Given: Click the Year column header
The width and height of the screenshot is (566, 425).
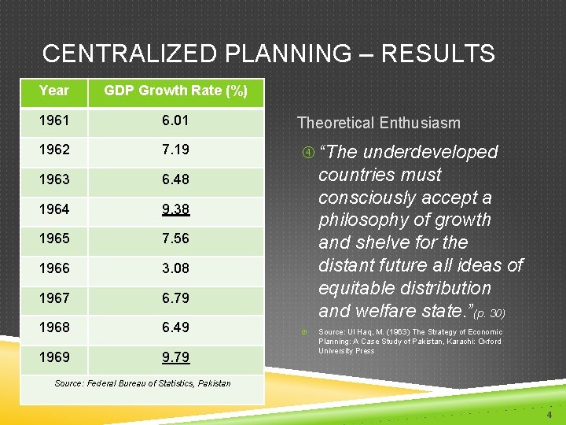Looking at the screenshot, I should (x=54, y=91).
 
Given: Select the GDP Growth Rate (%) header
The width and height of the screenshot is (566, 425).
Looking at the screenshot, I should (x=175, y=91).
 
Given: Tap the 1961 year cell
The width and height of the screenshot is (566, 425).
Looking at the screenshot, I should (x=54, y=120).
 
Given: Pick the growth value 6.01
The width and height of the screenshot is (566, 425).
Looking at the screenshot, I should (x=175, y=120).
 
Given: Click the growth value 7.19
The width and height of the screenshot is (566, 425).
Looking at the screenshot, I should (x=175, y=150).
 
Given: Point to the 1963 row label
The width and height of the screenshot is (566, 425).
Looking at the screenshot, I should (x=54, y=179).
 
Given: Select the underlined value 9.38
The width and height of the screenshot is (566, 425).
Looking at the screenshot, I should (x=175, y=209).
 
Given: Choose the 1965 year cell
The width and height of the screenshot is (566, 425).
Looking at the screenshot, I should (x=54, y=238).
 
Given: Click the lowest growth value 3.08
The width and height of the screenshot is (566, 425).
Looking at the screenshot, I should (x=175, y=268).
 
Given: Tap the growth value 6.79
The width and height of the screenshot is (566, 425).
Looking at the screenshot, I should (x=175, y=298).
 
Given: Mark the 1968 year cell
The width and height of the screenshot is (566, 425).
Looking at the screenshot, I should (x=54, y=327).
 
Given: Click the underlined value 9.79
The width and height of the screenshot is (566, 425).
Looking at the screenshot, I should (x=175, y=357).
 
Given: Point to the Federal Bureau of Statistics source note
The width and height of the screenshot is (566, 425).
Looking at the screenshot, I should (x=142, y=383).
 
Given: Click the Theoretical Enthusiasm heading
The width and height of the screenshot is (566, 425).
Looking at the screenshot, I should (x=378, y=123).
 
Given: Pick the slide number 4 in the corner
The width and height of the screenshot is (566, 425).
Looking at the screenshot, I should (x=549, y=414).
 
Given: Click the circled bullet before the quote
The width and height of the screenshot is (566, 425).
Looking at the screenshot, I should (x=303, y=152).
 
